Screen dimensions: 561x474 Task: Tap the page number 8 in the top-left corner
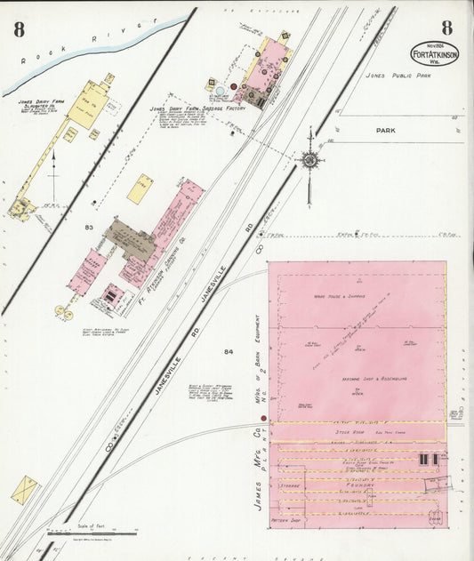(x=19, y=28)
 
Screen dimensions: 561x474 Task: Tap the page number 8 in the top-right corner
(x=447, y=28)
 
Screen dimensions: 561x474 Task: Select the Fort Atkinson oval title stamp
(x=435, y=54)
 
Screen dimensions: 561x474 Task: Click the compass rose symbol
(x=309, y=159)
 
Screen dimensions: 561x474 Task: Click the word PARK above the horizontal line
(x=385, y=131)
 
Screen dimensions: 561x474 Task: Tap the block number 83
(x=89, y=228)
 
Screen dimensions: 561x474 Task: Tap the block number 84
(x=229, y=352)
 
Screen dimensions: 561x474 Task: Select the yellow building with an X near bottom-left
(x=24, y=490)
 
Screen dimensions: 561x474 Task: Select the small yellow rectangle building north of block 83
(x=140, y=188)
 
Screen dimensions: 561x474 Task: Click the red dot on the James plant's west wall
(x=263, y=418)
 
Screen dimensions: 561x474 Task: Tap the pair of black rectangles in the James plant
(x=428, y=459)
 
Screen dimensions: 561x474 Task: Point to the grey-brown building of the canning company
(x=131, y=239)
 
